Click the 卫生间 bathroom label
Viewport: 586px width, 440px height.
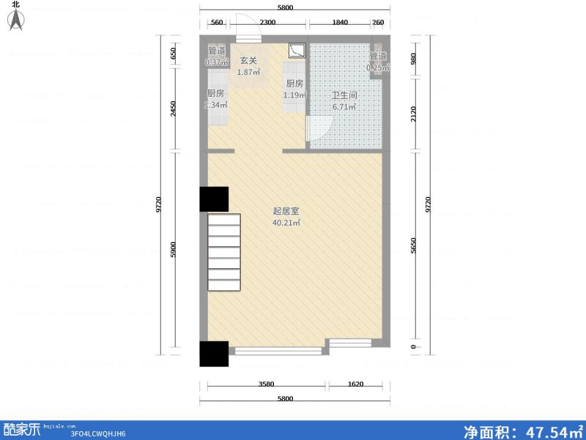pyautogui.click(x=344, y=95)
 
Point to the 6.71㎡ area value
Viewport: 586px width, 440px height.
pyautogui.click(x=344, y=107)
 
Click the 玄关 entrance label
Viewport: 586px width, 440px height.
pyautogui.click(x=248, y=61)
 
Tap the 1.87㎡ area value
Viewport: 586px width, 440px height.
pyautogui.click(x=248, y=73)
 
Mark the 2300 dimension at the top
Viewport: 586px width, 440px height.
pyautogui.click(x=267, y=23)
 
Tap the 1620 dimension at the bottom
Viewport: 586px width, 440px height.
pyautogui.click(x=355, y=384)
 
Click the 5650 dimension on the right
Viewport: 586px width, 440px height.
pyautogui.click(x=415, y=246)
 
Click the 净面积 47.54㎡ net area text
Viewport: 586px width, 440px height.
pyautogui.click(x=522, y=430)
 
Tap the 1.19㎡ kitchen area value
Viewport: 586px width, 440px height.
pyautogui.click(x=295, y=95)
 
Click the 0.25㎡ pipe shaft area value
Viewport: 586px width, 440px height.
pyautogui.click(x=378, y=68)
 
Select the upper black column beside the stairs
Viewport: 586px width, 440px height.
pyautogui.click(x=214, y=199)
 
